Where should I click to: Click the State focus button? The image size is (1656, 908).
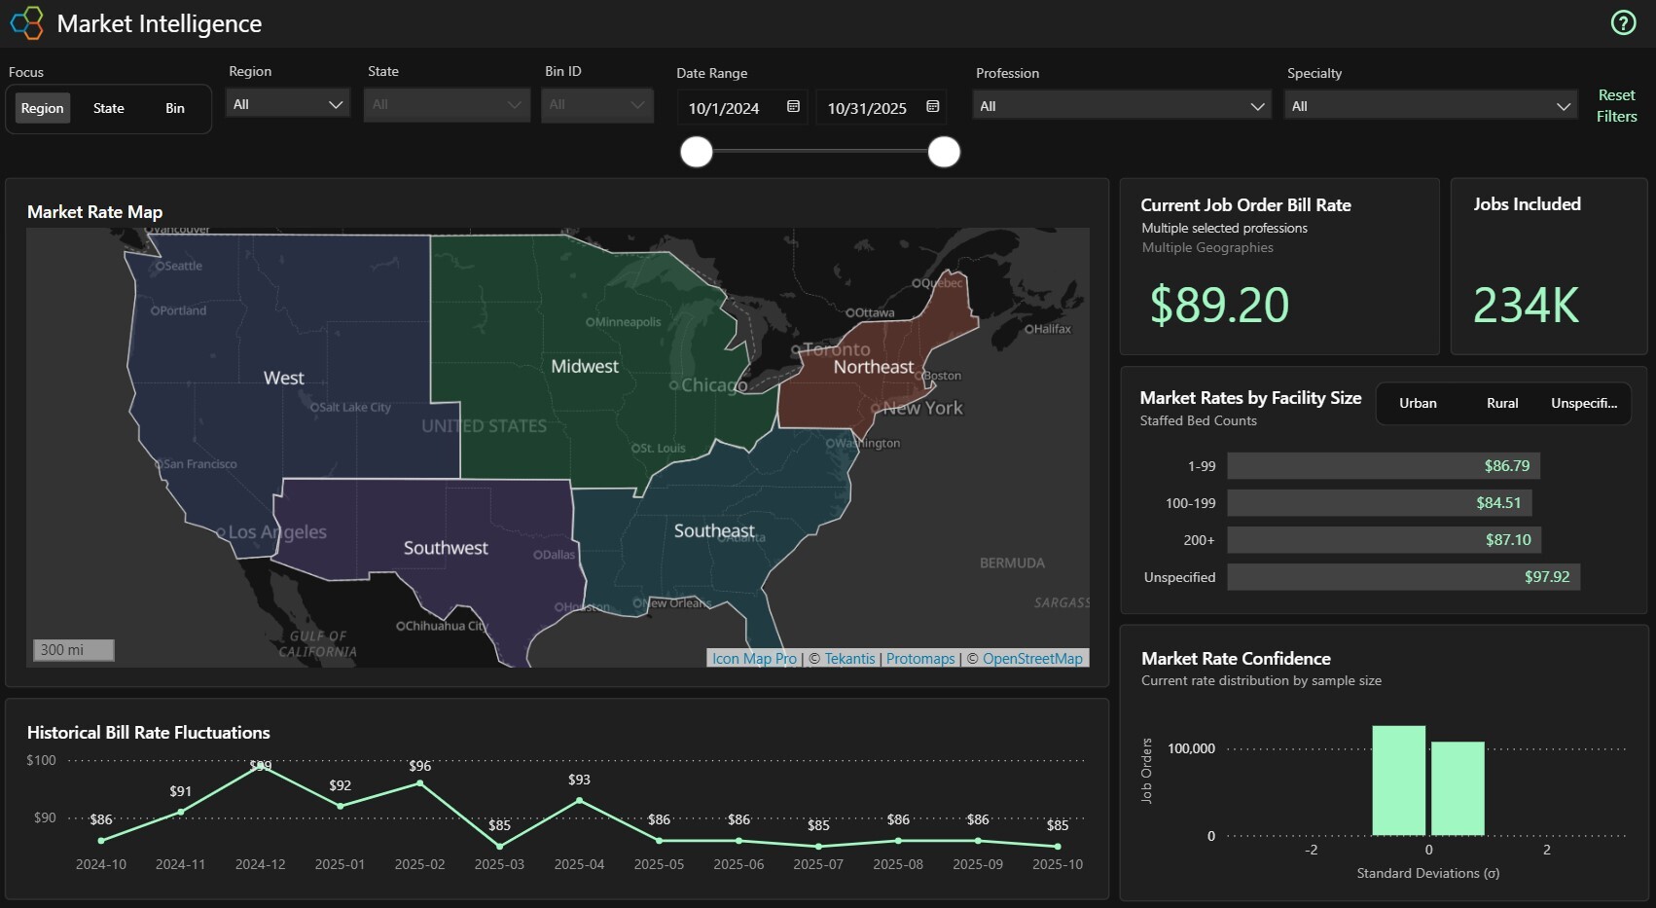tap(108, 108)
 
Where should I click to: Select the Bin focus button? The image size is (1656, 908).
tap(175, 108)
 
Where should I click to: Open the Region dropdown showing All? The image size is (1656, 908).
tap(288, 104)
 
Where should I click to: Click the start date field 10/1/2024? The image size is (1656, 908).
tap(724, 108)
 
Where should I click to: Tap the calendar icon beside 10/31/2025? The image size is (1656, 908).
tap(932, 107)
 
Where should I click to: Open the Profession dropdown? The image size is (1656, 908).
tap(1122, 106)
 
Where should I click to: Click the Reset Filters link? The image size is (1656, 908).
tap(1616, 105)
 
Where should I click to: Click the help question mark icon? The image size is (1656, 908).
tap(1623, 22)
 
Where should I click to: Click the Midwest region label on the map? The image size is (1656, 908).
tap(585, 367)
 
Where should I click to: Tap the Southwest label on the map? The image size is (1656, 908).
tap(446, 548)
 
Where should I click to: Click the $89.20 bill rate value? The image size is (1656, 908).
tap(1219, 305)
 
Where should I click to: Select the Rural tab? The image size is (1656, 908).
tap(1501, 403)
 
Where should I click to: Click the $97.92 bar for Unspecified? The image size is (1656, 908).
tap(1403, 577)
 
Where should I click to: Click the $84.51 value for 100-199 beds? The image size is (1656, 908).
tap(1497, 503)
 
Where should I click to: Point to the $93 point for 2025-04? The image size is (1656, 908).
tap(579, 800)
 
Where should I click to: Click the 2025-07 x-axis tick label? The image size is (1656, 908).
tap(817, 864)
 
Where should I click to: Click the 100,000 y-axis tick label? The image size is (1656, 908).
tap(1191, 748)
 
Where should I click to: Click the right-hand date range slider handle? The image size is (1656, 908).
tap(943, 152)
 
